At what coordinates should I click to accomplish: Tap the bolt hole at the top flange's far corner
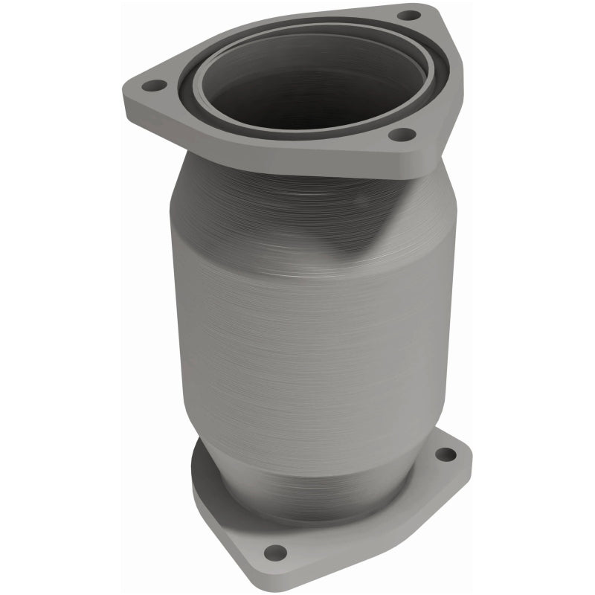pos(408,15)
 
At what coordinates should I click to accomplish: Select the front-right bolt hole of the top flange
pos(402,135)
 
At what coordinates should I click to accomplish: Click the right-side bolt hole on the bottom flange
pos(444,454)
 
